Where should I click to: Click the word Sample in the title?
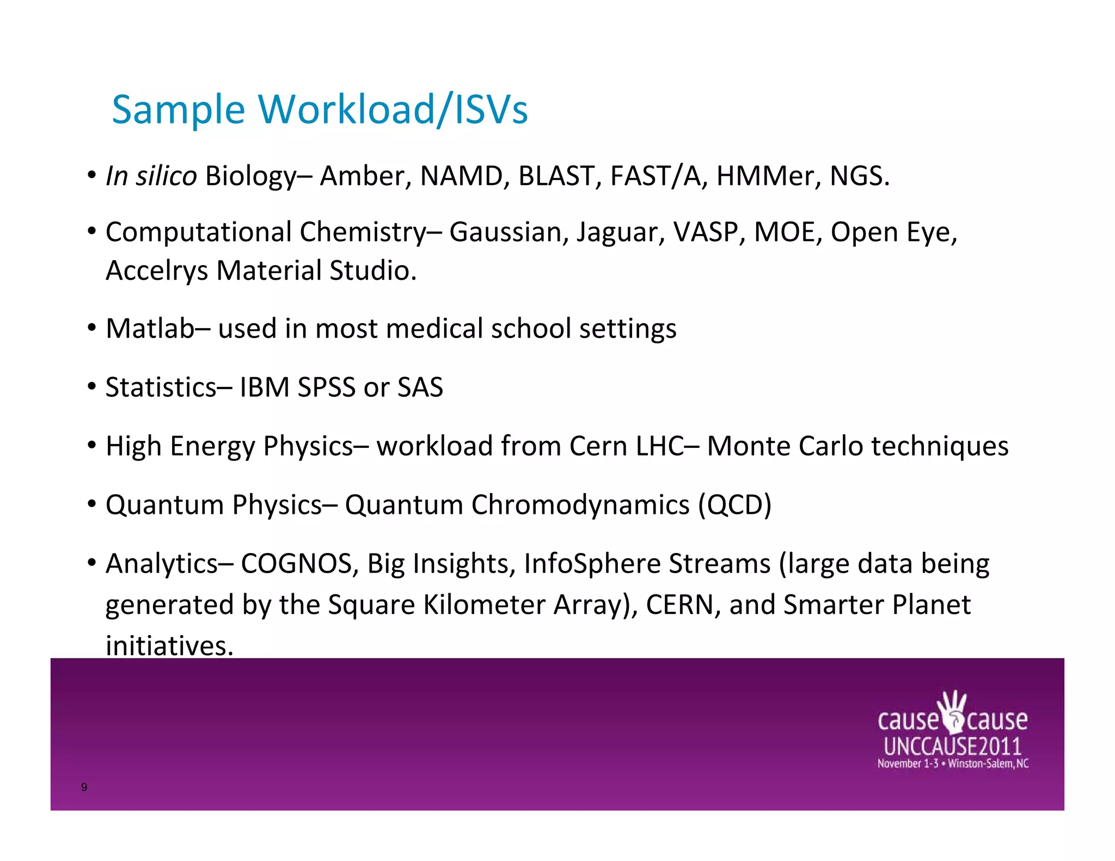(179, 110)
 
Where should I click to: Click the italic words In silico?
(151, 176)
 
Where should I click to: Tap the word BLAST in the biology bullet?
(556, 176)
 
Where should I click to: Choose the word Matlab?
(150, 329)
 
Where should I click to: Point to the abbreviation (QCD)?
(734, 505)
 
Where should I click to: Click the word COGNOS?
(296, 564)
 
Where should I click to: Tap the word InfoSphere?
(592, 564)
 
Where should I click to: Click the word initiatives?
(169, 647)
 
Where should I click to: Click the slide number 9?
(84, 787)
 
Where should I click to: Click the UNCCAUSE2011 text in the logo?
(952, 746)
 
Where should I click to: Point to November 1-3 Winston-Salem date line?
(953, 764)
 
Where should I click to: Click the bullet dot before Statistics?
(92, 388)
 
